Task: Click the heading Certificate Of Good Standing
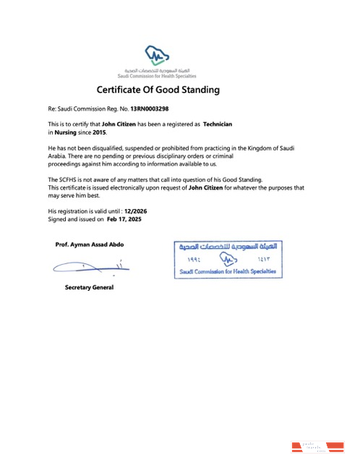coord(158,90)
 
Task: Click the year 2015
coord(99,132)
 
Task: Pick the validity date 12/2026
coord(137,210)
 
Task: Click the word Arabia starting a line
coord(59,156)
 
